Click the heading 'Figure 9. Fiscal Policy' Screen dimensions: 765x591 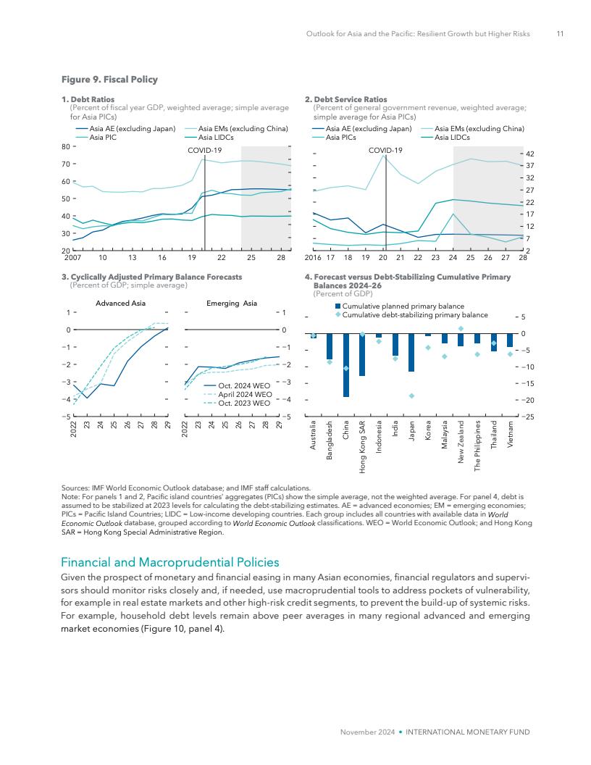109,79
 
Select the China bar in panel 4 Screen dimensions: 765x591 346,365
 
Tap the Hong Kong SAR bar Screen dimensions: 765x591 362,355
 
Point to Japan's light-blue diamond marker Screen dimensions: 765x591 411,396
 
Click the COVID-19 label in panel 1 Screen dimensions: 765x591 204,150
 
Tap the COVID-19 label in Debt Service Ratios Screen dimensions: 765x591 385,150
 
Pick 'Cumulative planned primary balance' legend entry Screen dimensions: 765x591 403,306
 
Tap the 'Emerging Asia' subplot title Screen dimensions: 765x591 232,303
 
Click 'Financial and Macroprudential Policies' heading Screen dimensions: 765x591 169,562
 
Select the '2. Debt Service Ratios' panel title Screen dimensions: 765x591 346,99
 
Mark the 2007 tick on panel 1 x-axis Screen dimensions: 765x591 72,257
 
